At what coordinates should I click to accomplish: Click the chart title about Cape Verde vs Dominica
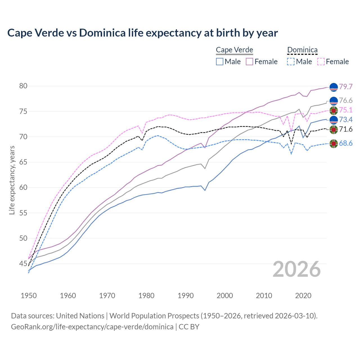[142, 33]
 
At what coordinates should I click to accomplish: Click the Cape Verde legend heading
[234, 50]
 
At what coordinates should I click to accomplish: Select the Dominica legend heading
[302, 50]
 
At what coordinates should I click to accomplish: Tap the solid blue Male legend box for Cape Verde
[220, 62]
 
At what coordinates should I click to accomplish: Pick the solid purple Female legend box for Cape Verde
[249, 62]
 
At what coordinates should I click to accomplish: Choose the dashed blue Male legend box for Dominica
[291, 62]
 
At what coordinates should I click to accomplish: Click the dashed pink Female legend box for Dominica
[321, 62]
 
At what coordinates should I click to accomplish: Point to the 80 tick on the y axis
[23, 86]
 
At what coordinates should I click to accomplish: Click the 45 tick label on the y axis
[23, 264]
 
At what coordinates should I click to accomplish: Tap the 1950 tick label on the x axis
[29, 296]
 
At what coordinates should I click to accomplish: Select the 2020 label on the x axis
[303, 296]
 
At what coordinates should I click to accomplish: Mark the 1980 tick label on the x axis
[146, 296]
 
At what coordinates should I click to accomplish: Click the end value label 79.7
[346, 87]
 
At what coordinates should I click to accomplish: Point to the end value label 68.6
[346, 143]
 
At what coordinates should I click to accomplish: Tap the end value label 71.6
[346, 129]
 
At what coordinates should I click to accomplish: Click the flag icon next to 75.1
[334, 110]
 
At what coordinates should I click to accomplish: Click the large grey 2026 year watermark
[296, 269]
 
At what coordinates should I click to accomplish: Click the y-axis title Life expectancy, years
[12, 180]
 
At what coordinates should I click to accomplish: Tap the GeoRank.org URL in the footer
[92, 327]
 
